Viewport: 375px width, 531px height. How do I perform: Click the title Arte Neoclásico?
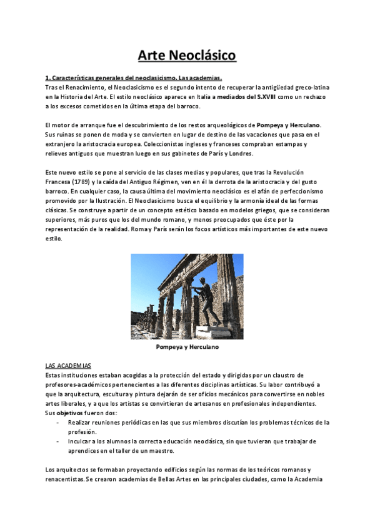[x=187, y=56]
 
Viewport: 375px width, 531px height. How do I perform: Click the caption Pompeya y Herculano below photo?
[x=187, y=346]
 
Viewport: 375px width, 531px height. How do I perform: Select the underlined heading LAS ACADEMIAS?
[x=68, y=364]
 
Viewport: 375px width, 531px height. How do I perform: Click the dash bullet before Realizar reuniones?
[x=59, y=423]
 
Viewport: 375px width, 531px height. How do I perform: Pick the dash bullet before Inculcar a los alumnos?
[x=59, y=441]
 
